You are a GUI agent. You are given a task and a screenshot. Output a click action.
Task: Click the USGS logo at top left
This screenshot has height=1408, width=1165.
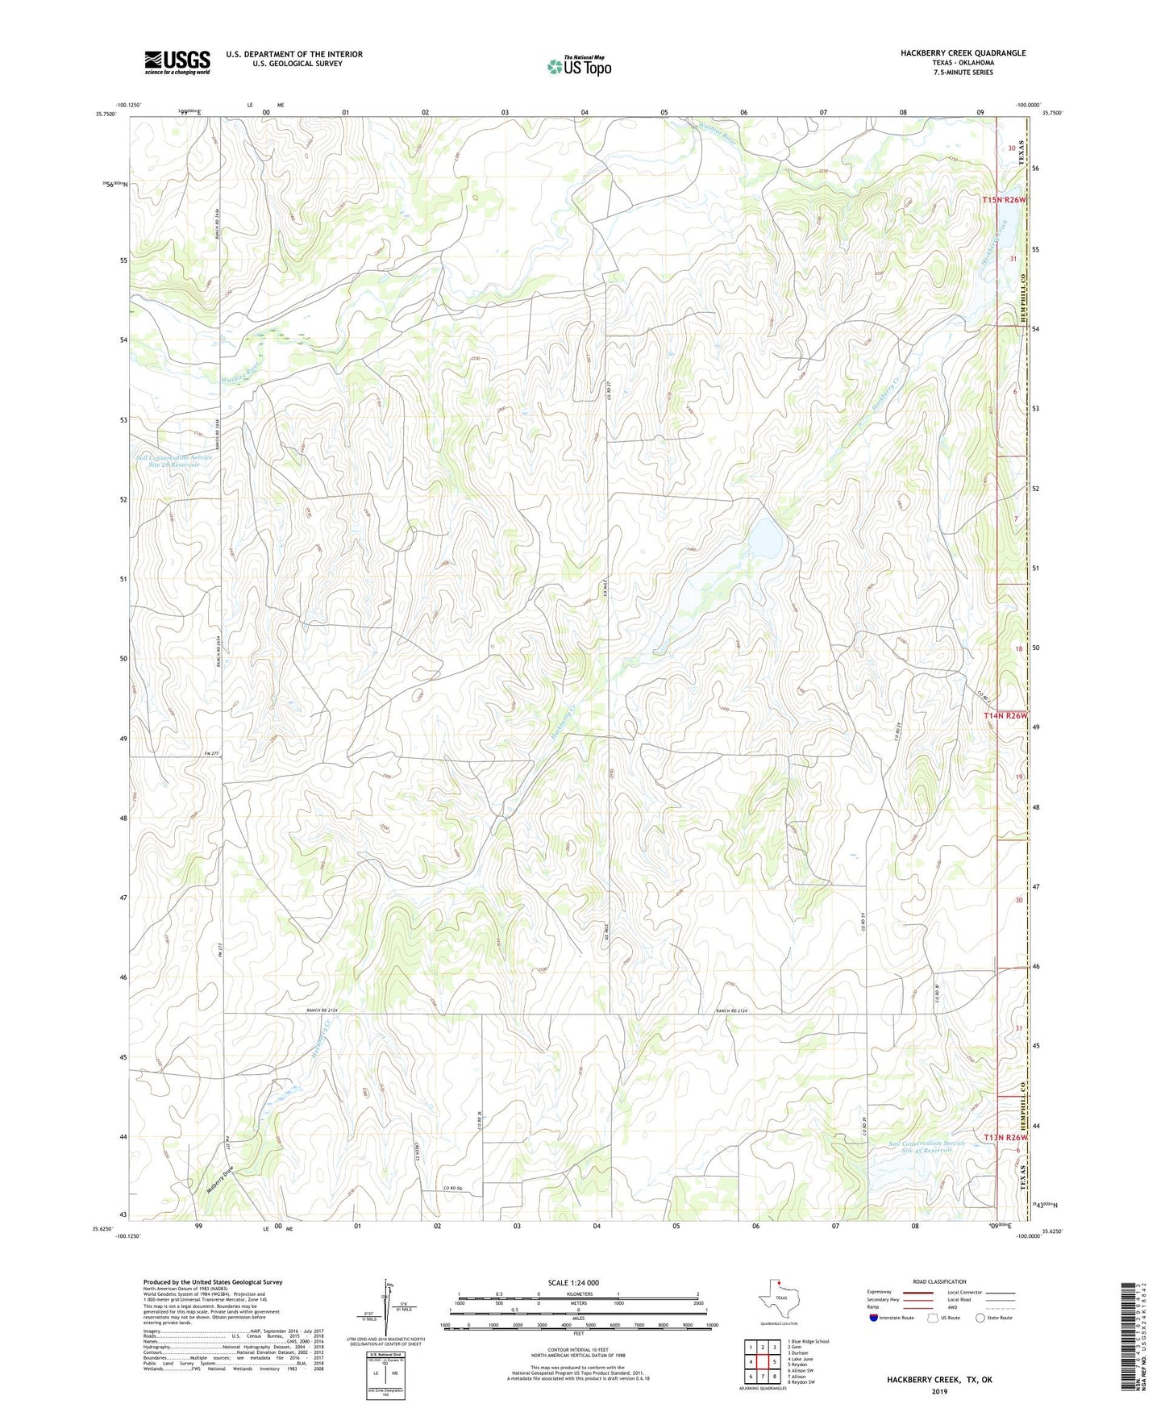pos(177,62)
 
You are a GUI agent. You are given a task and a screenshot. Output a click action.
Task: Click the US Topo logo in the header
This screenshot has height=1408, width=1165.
pos(579,65)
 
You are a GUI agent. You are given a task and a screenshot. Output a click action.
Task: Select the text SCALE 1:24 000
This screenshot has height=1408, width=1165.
pos(573,1283)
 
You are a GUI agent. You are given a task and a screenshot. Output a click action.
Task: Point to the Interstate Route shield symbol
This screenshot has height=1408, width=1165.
pos(874,1318)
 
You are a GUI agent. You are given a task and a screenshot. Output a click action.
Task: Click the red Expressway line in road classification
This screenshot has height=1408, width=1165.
pos(918,1293)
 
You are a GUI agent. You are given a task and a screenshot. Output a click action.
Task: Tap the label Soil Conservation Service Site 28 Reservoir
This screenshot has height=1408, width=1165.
pos(174,461)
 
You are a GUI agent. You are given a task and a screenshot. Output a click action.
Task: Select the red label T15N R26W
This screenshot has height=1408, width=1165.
pos(1005,200)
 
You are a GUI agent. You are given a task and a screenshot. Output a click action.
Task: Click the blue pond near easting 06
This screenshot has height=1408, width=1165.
pos(766,539)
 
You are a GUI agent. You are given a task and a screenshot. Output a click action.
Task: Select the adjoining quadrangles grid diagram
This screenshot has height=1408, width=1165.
pos(762,1364)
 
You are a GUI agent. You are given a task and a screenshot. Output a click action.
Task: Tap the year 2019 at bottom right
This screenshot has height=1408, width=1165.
pos(939,1391)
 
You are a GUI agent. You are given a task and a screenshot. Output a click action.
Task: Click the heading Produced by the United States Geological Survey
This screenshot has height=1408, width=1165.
pos(213,1282)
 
